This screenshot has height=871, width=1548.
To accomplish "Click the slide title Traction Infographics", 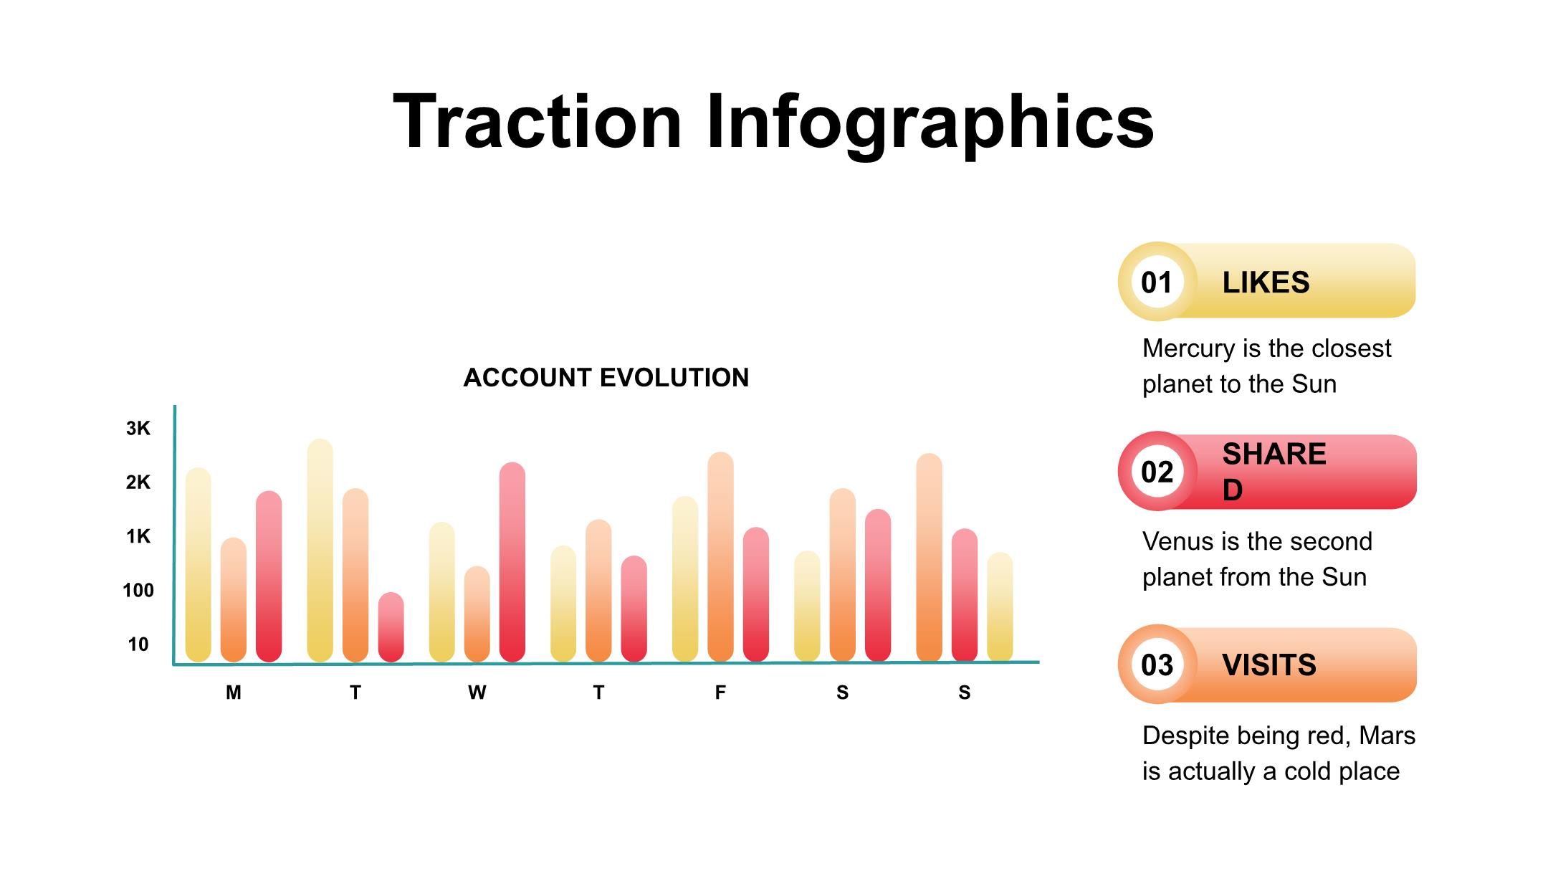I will click(773, 122).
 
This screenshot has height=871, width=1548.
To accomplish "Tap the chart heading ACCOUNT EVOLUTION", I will click(606, 378).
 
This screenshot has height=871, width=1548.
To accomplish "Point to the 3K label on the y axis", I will click(138, 429).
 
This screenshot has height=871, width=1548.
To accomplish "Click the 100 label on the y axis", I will click(138, 591).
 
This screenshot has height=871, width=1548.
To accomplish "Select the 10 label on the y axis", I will click(138, 644).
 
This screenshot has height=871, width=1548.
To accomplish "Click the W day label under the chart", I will click(477, 692).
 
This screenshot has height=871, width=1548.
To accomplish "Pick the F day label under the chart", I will click(720, 692).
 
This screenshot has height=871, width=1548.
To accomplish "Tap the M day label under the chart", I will click(233, 692).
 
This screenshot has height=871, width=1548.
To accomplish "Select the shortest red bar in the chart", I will click(391, 627).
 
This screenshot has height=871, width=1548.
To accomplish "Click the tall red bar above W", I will click(512, 563).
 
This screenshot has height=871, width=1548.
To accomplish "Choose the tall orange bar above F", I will click(720, 558).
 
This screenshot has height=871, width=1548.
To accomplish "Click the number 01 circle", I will click(1157, 282).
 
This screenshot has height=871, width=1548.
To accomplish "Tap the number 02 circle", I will click(1157, 472).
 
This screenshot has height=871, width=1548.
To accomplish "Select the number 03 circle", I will click(1157, 665).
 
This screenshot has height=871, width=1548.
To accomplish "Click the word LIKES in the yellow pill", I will click(1266, 282).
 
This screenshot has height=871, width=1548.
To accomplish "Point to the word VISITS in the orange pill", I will click(1268, 665).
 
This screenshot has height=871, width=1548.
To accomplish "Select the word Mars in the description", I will click(1387, 736).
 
